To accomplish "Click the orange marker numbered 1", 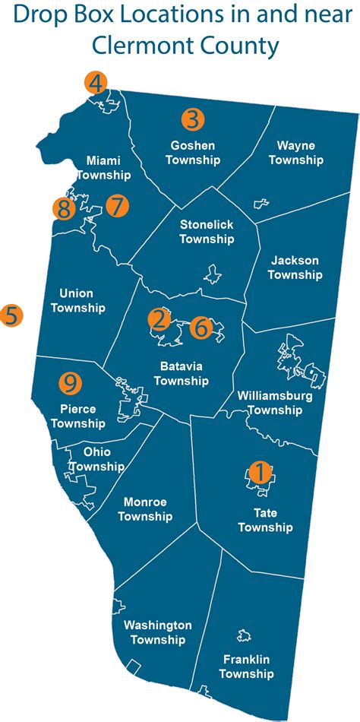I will [x=260, y=472].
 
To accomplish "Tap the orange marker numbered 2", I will [x=159, y=320].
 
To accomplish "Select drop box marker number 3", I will [x=193, y=119].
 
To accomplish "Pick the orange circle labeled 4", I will [x=96, y=83].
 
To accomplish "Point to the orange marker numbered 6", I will [x=200, y=328].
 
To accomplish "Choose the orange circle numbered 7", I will [x=117, y=206].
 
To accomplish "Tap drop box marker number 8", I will [x=64, y=207].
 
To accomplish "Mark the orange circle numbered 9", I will [x=71, y=384].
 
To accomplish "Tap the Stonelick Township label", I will [x=207, y=232].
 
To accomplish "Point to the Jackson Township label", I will [x=293, y=268].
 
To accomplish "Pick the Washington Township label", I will [x=157, y=632].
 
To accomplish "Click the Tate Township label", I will [x=265, y=520].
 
